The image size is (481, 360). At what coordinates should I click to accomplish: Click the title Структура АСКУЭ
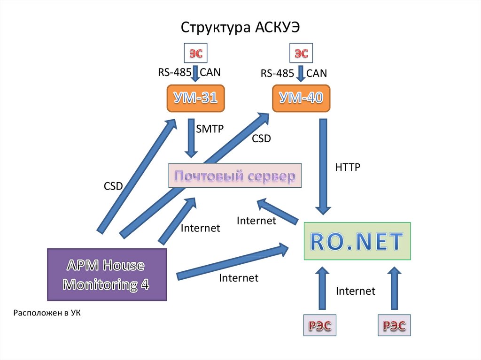tap(240, 27)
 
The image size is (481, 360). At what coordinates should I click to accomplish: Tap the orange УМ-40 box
tap(301, 98)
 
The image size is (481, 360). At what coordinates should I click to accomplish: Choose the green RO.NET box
tap(357, 241)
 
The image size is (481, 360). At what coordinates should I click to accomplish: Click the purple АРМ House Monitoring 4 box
tap(107, 275)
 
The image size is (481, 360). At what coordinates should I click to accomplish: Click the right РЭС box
tap(394, 325)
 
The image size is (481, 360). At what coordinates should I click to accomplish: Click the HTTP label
tap(348, 167)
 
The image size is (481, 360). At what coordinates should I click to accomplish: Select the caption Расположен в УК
tap(47, 313)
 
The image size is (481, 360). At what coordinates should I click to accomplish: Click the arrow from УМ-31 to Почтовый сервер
tap(191, 138)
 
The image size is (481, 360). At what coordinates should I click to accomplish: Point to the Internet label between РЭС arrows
tap(356, 291)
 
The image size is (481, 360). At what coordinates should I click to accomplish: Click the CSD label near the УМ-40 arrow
tap(262, 139)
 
